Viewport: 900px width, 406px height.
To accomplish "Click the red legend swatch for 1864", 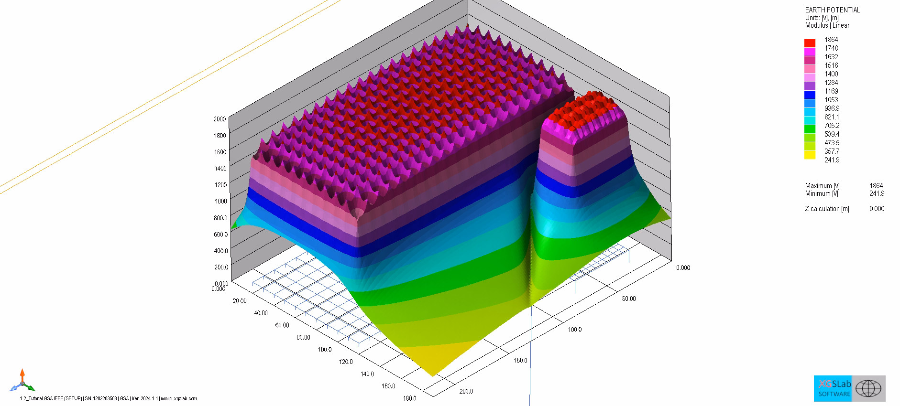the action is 810,43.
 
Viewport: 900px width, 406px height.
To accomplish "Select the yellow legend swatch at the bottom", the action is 810,155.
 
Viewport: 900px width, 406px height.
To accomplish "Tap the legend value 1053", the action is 831,100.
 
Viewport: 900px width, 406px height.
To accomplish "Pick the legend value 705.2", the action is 832,126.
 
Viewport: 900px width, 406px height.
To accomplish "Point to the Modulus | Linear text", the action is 827,25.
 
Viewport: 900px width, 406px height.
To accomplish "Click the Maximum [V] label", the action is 822,186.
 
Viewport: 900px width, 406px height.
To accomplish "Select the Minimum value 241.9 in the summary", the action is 877,193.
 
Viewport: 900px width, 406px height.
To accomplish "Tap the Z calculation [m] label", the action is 827,209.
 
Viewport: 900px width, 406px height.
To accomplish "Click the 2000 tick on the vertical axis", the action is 220,119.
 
